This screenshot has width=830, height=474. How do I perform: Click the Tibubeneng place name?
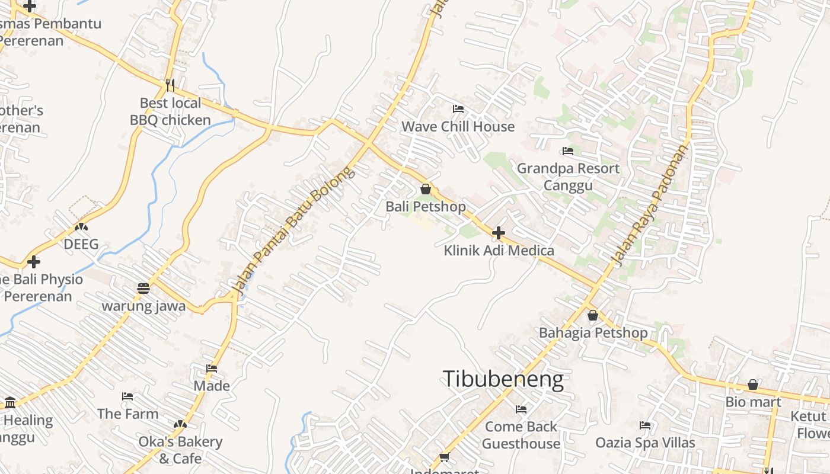tap(503, 379)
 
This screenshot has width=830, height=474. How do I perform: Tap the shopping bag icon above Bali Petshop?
tap(426, 189)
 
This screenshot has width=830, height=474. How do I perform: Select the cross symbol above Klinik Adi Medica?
tap(499, 233)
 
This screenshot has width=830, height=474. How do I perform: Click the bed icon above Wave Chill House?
tap(458, 109)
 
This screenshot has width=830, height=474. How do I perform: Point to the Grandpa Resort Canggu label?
tap(568, 177)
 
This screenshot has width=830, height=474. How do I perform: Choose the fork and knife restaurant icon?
tap(170, 85)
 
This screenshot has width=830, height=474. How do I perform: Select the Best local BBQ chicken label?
tap(170, 111)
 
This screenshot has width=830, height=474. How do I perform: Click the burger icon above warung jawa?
tap(143, 289)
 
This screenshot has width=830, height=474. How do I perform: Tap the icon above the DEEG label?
tap(81, 226)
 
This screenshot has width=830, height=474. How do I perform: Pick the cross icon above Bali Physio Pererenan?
tap(34, 261)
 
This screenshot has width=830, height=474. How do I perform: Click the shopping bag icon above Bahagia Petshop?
tap(592, 315)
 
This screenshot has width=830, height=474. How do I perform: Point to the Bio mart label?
tap(753, 402)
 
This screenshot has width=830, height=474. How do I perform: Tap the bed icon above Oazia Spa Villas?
tap(645, 425)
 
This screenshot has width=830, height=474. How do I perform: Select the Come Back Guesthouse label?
tap(521, 435)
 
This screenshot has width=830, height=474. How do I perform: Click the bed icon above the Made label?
tap(212, 369)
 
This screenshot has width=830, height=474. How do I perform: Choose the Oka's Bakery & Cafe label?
tap(180, 450)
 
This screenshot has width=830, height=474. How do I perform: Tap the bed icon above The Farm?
tap(127, 396)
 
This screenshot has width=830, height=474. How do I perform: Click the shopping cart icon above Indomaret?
tap(444, 456)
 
